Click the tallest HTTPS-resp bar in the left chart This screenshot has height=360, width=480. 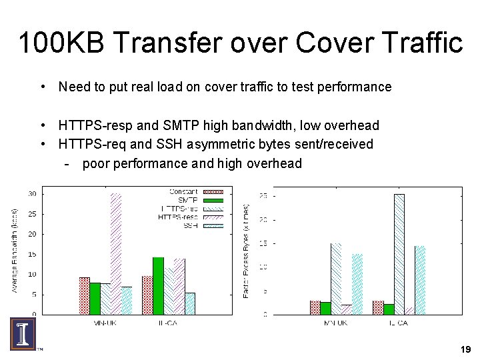tap(116, 253)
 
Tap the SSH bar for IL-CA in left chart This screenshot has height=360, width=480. tap(190, 303)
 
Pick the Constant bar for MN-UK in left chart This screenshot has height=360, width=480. tap(85, 295)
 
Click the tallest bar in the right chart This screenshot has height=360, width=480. tap(399, 253)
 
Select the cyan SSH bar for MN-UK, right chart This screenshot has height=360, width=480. tap(357, 283)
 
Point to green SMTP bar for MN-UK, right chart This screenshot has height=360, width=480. tap(325, 308)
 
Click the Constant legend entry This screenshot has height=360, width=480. tap(183, 192)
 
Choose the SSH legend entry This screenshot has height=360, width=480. tap(191, 225)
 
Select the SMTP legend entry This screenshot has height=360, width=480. tap(187, 200)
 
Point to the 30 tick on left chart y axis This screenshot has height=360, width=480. tap(31, 194)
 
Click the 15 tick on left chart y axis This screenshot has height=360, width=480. tap(31, 254)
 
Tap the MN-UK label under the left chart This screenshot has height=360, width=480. tap(105, 323)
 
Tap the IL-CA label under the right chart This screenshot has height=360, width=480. tap(398, 323)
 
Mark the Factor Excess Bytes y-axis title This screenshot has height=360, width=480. tap(246, 250)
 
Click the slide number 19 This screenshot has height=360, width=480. tap(465, 349)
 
